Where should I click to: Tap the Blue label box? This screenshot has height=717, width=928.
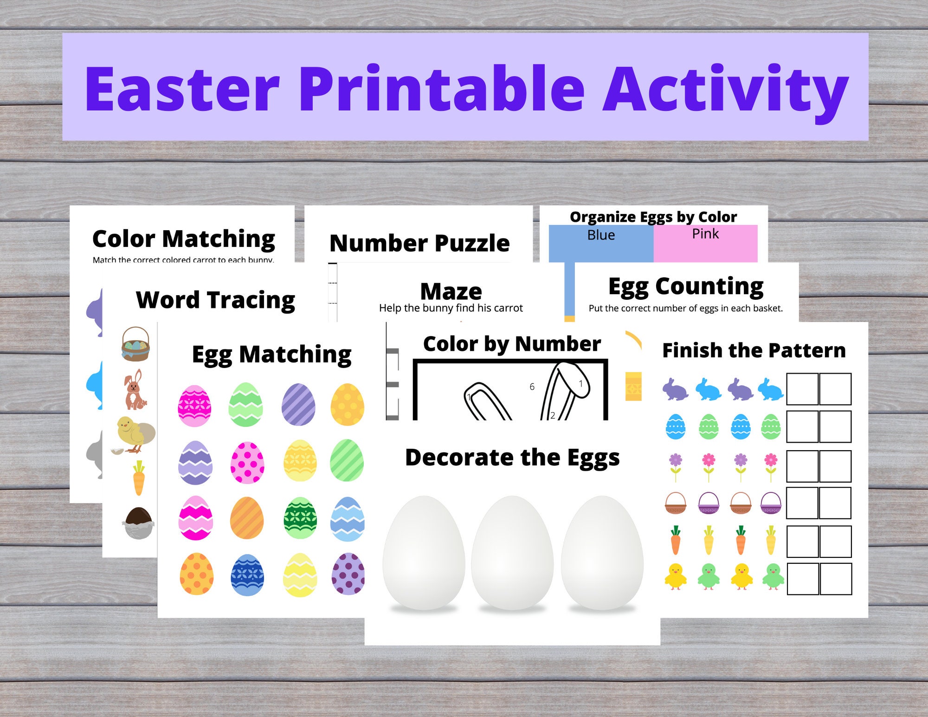601,243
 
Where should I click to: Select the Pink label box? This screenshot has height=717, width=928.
705,243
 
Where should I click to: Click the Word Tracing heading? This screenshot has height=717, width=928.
215,300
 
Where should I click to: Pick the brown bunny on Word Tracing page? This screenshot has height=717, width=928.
134,390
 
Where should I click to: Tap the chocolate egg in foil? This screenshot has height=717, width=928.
138,523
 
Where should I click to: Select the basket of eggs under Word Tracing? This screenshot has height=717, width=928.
135,344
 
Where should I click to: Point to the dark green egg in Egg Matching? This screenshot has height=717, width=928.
300,518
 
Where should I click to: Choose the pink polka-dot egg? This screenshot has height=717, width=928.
247,463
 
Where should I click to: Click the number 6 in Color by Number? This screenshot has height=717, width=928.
532,387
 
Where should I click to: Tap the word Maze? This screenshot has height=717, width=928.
451,292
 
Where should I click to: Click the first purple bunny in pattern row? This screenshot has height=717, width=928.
675,389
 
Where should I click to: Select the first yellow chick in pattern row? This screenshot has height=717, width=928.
675,577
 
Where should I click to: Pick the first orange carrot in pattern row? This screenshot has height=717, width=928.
675,540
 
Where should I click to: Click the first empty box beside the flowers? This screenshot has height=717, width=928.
802,465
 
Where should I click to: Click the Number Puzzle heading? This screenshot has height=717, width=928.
419,243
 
